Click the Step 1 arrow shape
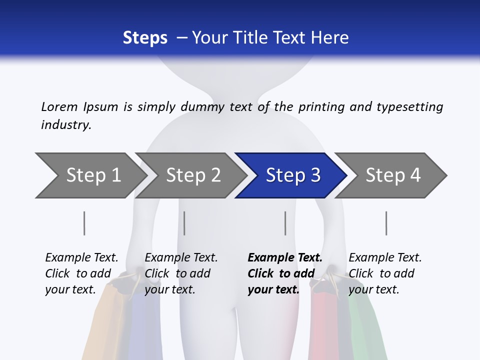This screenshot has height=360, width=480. coord(90,175)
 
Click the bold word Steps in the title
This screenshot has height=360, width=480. coord(145,38)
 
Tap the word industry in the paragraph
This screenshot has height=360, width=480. coord(66,125)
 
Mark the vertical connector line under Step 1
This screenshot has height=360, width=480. coord(84,223)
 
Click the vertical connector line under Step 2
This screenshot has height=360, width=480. coord(184,223)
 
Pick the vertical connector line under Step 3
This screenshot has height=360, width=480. coord(285,223)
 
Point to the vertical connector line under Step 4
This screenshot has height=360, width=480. coord(386,223)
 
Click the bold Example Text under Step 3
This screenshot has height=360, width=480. coord(285,258)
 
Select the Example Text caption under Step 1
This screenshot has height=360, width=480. coord(81,258)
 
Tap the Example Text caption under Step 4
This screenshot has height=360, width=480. coord(385,258)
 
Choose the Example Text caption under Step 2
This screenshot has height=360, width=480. coord(181,258)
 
